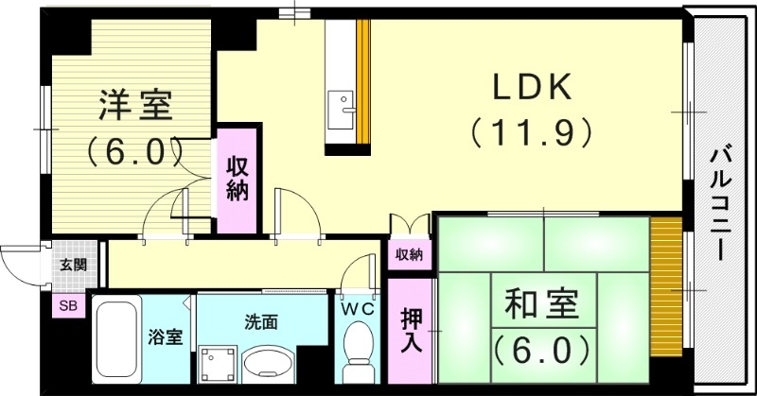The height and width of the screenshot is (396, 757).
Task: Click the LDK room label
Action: coord(530,88)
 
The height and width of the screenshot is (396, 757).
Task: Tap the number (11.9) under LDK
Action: coord(531,130)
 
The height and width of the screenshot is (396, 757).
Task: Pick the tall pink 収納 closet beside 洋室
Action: coord(237,180)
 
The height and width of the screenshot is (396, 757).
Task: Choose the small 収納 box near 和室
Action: coord(410,254)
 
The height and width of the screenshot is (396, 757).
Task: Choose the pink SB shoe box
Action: coord(69,305)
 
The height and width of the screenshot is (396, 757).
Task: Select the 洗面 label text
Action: coord(262,322)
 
